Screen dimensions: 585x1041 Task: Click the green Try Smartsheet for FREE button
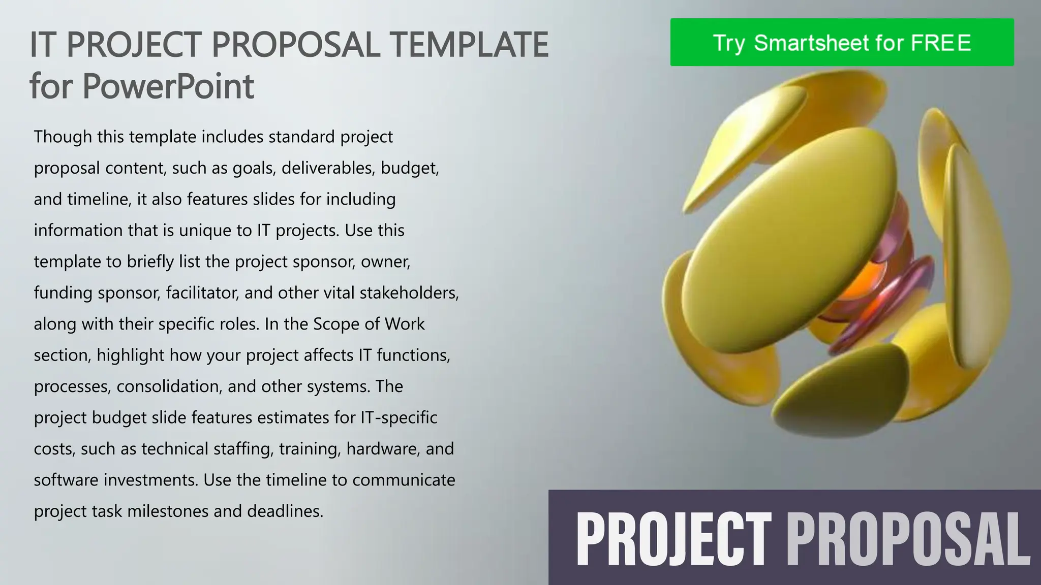tap(842, 42)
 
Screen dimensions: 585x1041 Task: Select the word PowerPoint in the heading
tap(168, 86)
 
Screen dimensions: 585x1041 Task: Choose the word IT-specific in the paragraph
tap(399, 417)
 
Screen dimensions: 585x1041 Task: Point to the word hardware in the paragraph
tap(383, 449)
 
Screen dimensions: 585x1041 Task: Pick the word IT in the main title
tap(41, 44)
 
